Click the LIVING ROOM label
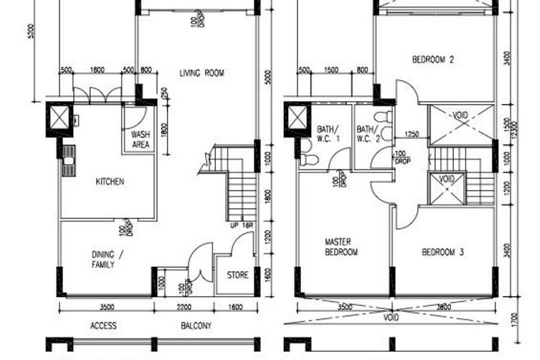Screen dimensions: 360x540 point(201,73)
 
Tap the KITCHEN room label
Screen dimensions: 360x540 point(109,181)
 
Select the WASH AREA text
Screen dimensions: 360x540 point(140,140)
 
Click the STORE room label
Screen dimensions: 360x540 point(237,275)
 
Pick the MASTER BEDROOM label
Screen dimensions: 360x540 point(341,247)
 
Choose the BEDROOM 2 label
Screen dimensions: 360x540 point(433,59)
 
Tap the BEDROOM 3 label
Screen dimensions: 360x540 point(442,252)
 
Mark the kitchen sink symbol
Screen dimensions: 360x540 point(68,160)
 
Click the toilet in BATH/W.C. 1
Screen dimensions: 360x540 point(309,159)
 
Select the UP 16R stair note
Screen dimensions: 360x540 point(242,225)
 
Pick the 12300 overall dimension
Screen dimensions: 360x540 point(521,129)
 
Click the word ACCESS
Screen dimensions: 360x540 point(103,326)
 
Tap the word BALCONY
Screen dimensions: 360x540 point(196,326)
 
